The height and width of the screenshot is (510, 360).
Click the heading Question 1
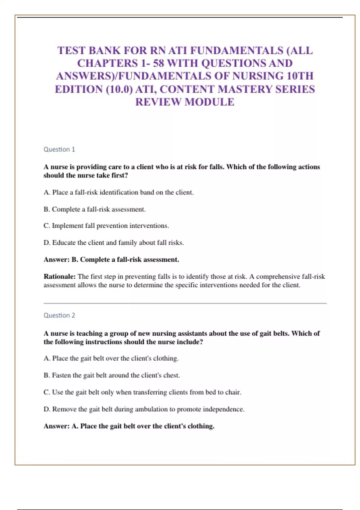point(59,149)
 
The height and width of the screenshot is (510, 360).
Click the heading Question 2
point(59,315)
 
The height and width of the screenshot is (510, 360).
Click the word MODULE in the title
point(209,102)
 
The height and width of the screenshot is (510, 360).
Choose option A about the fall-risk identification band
point(118,192)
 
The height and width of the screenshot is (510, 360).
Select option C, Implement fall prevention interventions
point(106,226)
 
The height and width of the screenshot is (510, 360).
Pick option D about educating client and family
point(114,242)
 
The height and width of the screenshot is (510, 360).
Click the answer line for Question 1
point(111,259)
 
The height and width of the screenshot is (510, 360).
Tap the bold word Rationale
point(59,276)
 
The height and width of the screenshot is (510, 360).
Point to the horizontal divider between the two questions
point(185,303)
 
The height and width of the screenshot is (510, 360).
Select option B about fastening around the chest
point(112,375)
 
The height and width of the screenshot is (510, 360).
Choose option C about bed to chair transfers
point(142,392)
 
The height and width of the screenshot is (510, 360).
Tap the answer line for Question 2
point(129,426)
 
